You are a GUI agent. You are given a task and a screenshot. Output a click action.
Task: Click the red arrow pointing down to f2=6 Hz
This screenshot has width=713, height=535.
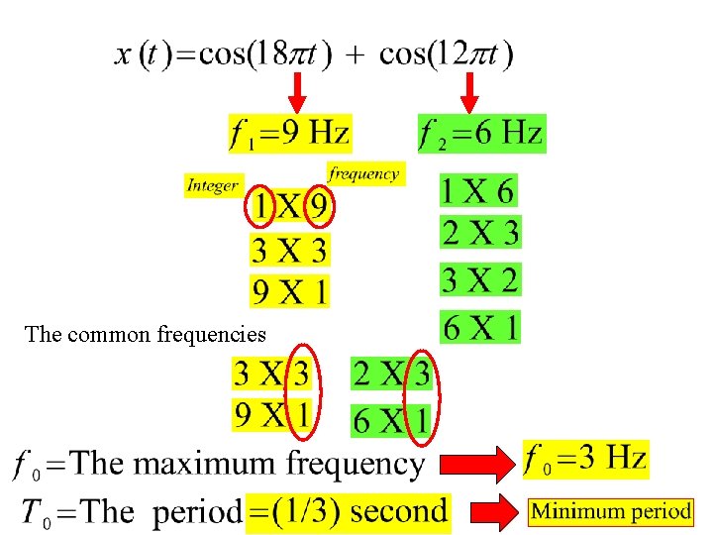coord(469,92)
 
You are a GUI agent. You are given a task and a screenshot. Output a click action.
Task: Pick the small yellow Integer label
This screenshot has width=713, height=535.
coord(213,185)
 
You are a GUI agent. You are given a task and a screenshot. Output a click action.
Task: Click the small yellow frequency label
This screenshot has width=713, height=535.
coord(364,173)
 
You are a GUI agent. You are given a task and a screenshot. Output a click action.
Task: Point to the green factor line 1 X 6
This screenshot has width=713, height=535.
coord(479,190)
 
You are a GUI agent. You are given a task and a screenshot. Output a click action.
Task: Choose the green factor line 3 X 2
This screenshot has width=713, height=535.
coord(479,280)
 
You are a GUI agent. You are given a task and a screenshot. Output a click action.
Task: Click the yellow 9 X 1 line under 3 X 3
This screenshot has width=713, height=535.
coord(289,290)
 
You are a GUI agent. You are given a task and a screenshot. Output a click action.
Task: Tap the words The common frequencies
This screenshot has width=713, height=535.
coord(147,334)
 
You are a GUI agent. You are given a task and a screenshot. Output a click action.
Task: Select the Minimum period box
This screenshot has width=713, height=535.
coord(610,511)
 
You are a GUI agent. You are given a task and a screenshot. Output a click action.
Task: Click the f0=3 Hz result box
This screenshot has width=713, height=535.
coord(586,458)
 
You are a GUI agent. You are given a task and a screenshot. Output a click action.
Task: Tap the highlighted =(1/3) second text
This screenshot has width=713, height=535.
coord(349,511)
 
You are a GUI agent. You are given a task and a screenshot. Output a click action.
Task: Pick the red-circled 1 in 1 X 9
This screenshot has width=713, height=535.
coord(260,208)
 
